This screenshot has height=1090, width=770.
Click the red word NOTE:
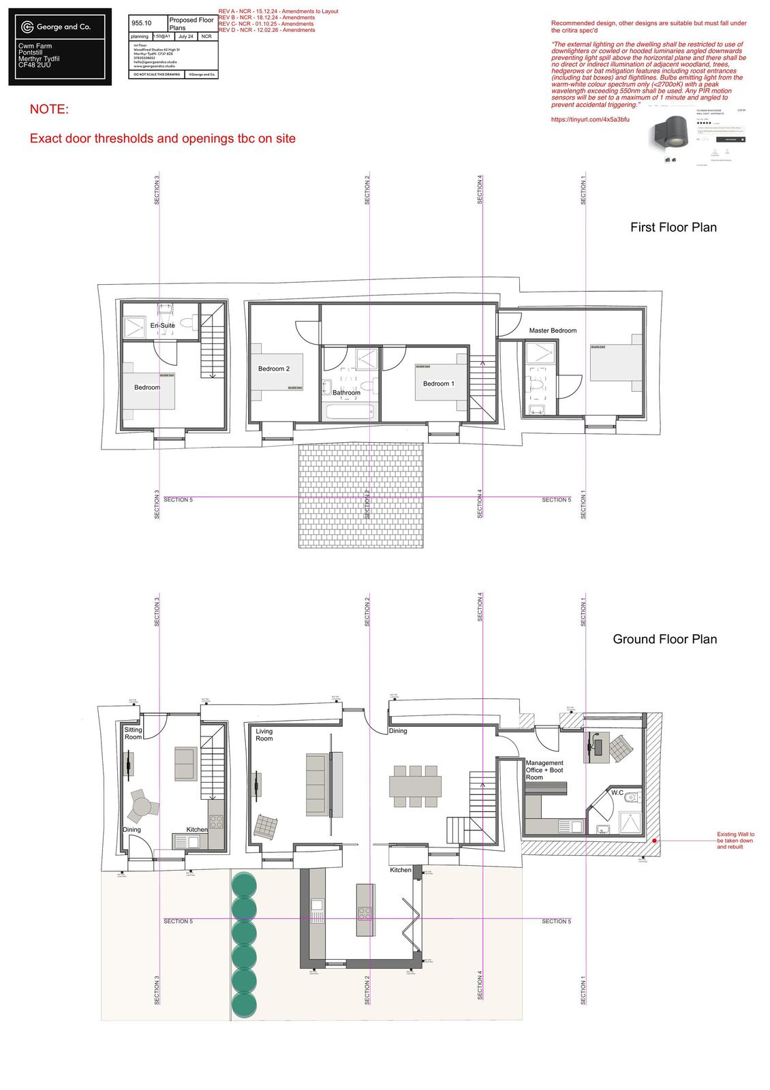pyautogui.click(x=49, y=110)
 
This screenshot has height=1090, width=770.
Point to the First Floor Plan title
pyautogui.click(x=673, y=228)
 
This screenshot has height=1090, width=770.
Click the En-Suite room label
pyautogui.click(x=163, y=326)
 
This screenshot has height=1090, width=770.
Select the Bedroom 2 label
pyautogui.click(x=274, y=369)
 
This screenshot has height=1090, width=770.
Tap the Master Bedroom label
pyautogui.click(x=553, y=330)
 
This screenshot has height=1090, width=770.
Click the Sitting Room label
pyautogui.click(x=133, y=734)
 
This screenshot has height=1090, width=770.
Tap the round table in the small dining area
pyautogui.click(x=142, y=807)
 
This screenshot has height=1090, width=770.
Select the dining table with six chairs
pyautogui.click(x=415, y=786)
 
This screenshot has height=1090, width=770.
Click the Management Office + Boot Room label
pyautogui.click(x=544, y=770)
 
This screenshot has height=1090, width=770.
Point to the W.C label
pyautogui.click(x=617, y=793)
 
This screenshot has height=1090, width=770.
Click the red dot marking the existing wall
pyautogui.click(x=654, y=841)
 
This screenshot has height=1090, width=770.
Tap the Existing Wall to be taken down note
pyautogui.click(x=735, y=841)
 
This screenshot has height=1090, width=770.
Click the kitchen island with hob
pyautogui.click(x=365, y=911)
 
